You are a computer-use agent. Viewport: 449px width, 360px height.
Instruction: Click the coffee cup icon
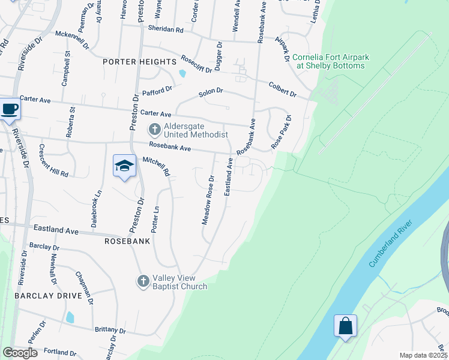pos(10,110)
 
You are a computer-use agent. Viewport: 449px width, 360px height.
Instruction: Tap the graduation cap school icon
pos(124,166)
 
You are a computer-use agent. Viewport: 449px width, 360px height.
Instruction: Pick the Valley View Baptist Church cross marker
pos(143,281)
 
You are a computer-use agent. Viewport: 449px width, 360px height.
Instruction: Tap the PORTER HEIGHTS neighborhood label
pos(139,62)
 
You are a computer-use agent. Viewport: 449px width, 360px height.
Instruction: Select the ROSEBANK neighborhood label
pos(127,241)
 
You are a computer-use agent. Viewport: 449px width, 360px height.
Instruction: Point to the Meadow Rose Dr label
pos(208,200)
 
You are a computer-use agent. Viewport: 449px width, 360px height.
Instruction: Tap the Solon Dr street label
pos(211,92)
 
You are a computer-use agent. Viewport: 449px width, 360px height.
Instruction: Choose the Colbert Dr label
pos(282,89)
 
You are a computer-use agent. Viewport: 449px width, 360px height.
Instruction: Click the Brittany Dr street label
pos(110,331)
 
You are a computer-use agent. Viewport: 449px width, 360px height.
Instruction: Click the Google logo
pos(20,353)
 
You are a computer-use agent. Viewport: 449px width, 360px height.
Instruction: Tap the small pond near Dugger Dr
pos(182,74)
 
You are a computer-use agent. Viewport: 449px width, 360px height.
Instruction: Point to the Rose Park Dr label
pos(280,131)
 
